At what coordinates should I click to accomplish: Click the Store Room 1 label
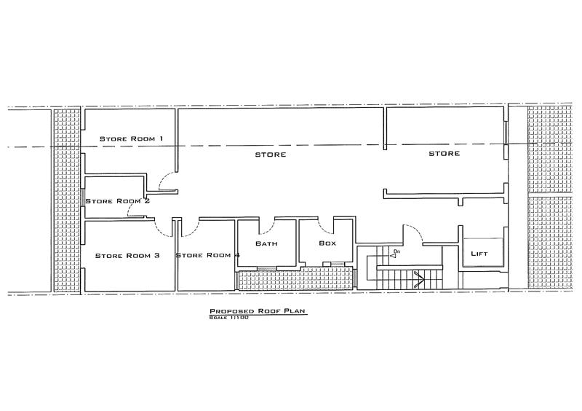point(132,138)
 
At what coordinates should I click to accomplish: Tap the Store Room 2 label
point(118,201)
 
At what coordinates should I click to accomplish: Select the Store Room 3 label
point(127,256)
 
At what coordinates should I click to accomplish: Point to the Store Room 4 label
point(207,255)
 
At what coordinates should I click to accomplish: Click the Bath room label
point(266,243)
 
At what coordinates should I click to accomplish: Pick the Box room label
point(327,243)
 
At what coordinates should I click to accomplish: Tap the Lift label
point(479,254)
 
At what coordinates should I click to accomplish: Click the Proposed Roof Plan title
point(258,311)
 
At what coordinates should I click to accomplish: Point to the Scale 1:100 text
point(228,318)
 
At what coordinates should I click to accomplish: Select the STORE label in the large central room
point(271,154)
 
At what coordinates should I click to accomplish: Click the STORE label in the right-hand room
point(445,154)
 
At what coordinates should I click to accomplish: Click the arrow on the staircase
point(419,279)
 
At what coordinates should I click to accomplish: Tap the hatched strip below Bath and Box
point(295,278)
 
